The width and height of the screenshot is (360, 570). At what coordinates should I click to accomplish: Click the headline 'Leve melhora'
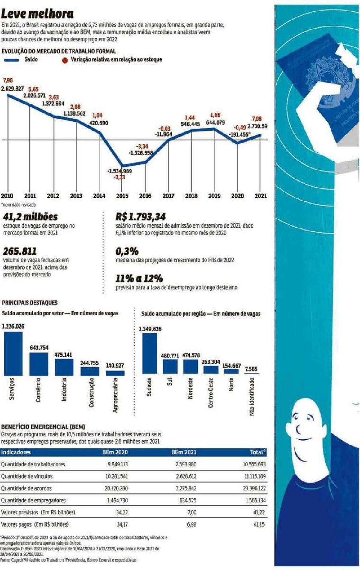[x=38, y=14]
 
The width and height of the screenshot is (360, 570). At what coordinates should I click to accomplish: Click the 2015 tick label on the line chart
[x=122, y=196]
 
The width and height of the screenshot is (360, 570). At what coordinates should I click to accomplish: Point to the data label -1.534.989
[x=119, y=171]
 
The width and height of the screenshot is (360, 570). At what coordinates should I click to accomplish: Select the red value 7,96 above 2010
[x=8, y=80]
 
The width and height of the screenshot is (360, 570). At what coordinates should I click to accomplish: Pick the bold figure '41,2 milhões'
[x=30, y=217]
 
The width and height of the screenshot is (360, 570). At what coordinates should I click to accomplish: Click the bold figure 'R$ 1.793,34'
[x=141, y=217]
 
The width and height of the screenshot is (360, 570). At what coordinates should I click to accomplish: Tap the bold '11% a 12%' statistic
[x=139, y=279]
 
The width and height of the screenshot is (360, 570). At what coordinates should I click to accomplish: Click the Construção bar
[x=89, y=371]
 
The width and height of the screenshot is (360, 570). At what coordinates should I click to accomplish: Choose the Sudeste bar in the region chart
[x=150, y=354]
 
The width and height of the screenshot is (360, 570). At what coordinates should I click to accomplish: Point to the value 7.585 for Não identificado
[x=251, y=369]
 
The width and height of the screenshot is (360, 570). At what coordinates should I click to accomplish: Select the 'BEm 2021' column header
[x=184, y=452]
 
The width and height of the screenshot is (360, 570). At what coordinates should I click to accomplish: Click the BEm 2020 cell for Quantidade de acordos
[x=116, y=488]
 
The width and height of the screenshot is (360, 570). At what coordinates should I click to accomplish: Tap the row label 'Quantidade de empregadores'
[x=34, y=500]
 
